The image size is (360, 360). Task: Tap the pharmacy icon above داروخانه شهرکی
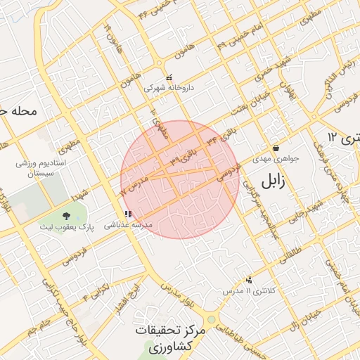(x=169, y=78)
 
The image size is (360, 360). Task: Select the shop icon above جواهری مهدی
(x=276, y=148)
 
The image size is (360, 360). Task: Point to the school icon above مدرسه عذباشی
(x=127, y=214)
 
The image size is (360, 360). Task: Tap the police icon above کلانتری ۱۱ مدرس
(x=249, y=280)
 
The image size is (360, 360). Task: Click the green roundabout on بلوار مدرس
(x=212, y=319)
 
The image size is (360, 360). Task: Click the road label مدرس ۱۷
(x=131, y=186)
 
